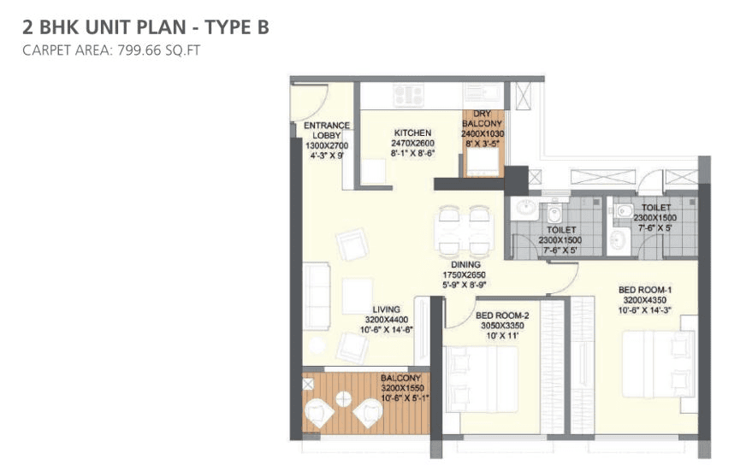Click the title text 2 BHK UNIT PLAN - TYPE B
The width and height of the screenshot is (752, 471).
point(145,27)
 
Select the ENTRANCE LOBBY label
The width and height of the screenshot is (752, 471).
point(327,131)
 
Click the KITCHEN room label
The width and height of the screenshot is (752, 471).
point(412,132)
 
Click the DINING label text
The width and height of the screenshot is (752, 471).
point(464,265)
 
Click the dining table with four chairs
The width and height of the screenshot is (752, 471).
point(463,231)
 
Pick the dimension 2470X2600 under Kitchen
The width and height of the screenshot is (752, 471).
point(413,143)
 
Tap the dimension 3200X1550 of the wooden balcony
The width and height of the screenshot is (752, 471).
point(401,387)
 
